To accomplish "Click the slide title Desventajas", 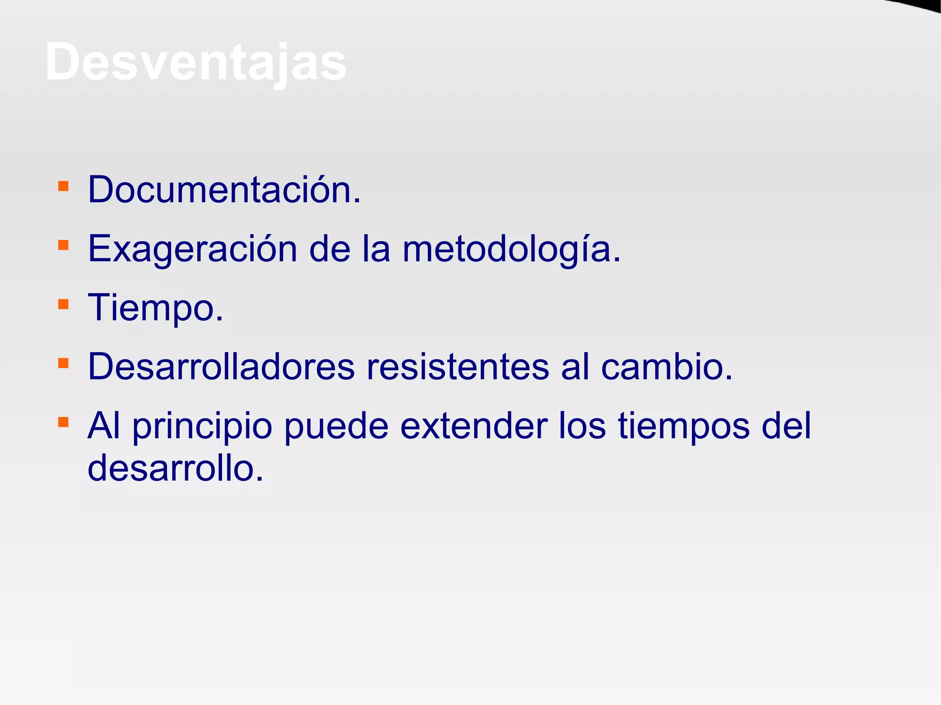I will [196, 62].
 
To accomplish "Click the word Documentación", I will [224, 190].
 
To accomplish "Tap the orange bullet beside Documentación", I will [63, 186].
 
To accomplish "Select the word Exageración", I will [193, 249].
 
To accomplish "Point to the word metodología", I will [511, 249].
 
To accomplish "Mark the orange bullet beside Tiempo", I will [63, 304].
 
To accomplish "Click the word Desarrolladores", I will [221, 367].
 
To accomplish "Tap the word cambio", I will [666, 367].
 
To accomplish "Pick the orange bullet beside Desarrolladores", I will [63, 363].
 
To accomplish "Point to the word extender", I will [473, 426].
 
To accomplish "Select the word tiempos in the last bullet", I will [684, 427].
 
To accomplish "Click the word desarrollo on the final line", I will [176, 468].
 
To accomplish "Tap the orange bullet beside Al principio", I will [63, 422].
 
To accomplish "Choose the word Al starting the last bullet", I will [104, 426].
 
